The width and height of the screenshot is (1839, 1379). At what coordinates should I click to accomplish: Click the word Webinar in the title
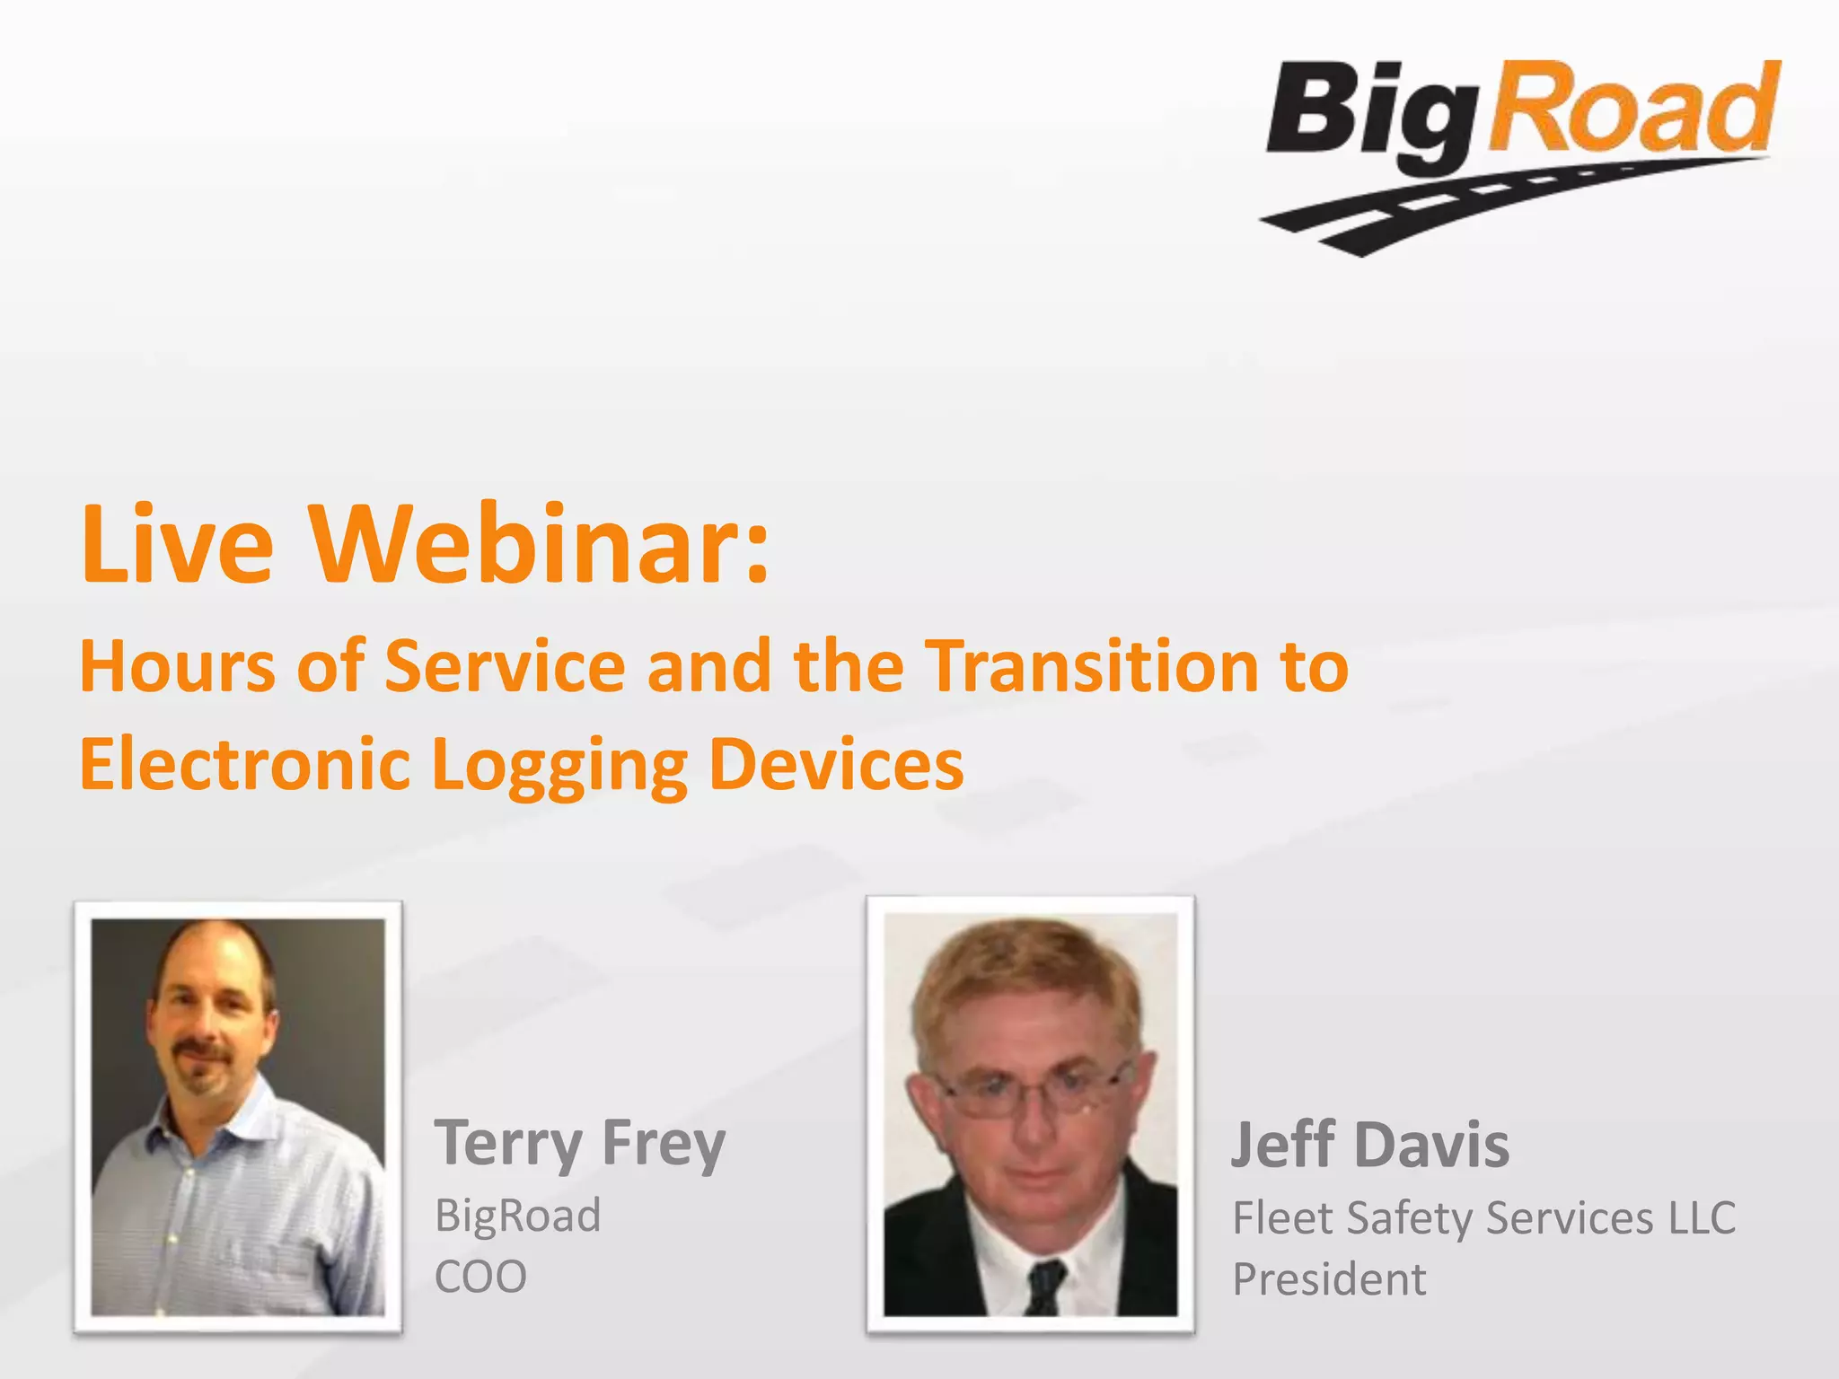click(x=539, y=544)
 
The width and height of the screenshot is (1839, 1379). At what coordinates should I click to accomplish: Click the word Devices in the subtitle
click(x=835, y=764)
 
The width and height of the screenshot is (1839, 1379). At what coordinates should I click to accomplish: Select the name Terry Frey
click(x=579, y=1144)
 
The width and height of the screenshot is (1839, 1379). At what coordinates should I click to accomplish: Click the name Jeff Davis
click(x=1369, y=1146)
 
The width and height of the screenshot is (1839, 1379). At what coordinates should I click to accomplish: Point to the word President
click(x=1329, y=1279)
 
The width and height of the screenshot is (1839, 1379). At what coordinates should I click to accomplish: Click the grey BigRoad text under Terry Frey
click(x=517, y=1217)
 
